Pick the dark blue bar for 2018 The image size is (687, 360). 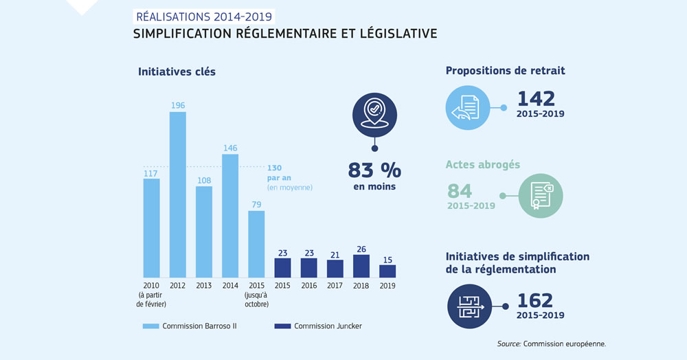(361, 266)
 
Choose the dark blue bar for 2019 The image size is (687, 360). (387, 271)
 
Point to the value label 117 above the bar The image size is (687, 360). (151, 173)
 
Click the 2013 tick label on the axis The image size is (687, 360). (204, 285)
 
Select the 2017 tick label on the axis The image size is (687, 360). (335, 285)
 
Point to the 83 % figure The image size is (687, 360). (374, 170)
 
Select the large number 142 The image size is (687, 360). (536, 99)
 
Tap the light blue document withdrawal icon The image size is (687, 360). (466, 108)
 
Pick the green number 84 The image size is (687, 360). (460, 192)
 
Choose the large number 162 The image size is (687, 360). (536, 300)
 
